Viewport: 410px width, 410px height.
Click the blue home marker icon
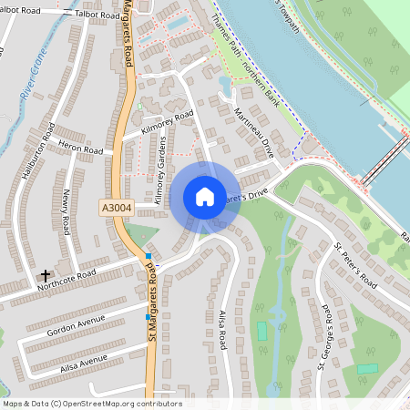click(x=204, y=197)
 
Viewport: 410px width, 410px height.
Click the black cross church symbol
click(x=46, y=274)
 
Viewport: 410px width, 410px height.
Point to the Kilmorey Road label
click(x=168, y=124)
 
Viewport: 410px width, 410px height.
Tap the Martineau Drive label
click(x=252, y=128)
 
